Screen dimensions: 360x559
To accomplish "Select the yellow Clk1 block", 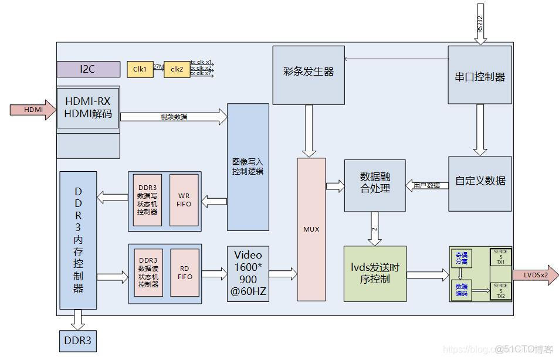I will pyautogui.click(x=140, y=69).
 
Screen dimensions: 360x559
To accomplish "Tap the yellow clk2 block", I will pyautogui.click(x=177, y=69).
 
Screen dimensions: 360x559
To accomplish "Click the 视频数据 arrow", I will pyautogui.click(x=174, y=117).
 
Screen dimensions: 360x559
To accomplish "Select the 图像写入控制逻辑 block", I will pyautogui.click(x=248, y=167).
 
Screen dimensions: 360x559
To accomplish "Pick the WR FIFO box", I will pyautogui.click(x=184, y=200).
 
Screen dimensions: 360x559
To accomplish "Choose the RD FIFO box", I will pyautogui.click(x=185, y=273).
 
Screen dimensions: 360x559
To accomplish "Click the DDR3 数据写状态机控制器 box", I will pyautogui.click(x=148, y=200).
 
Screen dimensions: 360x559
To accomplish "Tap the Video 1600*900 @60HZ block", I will pyautogui.click(x=248, y=274).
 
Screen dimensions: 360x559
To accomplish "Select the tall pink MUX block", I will pyautogui.click(x=311, y=229).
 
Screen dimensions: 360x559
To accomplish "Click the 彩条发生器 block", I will pyautogui.click(x=309, y=72).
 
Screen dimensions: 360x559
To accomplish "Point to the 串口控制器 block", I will pyautogui.click(x=479, y=76).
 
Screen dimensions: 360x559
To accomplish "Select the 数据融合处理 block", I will pyautogui.click(x=374, y=185).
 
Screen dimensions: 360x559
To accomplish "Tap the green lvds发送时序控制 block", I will pyautogui.click(x=375, y=274).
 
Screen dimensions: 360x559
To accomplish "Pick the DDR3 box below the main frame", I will pyautogui.click(x=77, y=340).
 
